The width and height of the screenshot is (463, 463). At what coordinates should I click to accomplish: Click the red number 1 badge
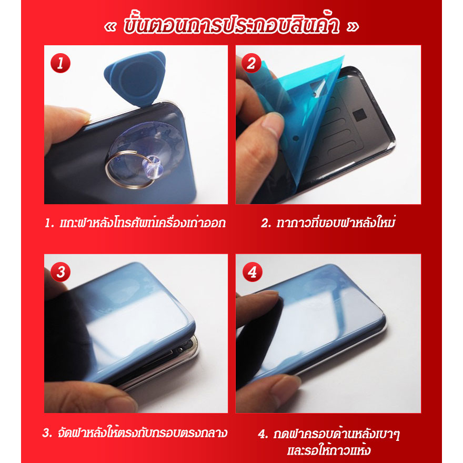click(x=61, y=63)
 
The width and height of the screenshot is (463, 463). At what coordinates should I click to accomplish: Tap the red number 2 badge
click(x=251, y=63)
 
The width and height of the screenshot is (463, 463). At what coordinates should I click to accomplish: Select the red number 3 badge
click(x=61, y=271)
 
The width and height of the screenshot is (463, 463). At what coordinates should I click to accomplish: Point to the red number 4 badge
click(x=253, y=271)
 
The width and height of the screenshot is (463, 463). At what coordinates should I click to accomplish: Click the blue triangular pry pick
click(x=136, y=78)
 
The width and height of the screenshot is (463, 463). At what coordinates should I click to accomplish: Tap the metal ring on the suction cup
click(x=128, y=170)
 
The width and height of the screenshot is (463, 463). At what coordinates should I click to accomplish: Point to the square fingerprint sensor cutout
click(x=359, y=115)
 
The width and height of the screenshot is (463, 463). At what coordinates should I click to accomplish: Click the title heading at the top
click(x=231, y=25)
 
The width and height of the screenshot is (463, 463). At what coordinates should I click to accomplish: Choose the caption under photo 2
click(x=328, y=223)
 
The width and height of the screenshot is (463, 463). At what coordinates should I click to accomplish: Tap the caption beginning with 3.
click(x=135, y=433)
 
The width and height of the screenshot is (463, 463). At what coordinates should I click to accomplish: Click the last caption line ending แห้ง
click(x=329, y=450)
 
